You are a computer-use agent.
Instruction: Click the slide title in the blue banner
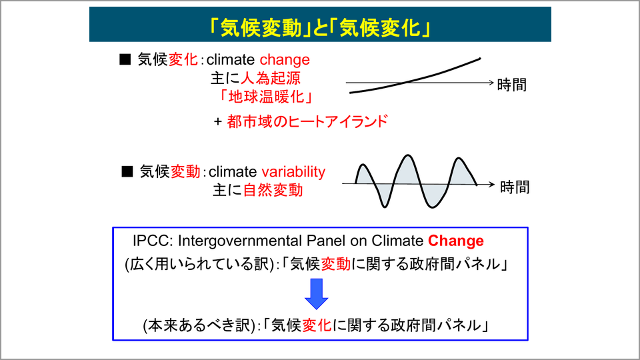(320, 28)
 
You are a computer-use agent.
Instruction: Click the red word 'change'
(285, 60)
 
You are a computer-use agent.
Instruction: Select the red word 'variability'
(293, 171)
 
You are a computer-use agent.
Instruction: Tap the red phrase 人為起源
(271, 78)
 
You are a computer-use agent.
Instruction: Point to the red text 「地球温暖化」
(266, 97)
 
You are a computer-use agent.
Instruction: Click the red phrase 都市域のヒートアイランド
(307, 121)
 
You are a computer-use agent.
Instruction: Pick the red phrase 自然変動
(273, 190)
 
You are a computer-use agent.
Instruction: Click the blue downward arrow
(316, 293)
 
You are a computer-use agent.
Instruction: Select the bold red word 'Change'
(455, 241)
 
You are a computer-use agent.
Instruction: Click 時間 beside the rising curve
(512, 85)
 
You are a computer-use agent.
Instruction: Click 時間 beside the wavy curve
(515, 187)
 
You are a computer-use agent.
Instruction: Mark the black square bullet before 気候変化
(125, 59)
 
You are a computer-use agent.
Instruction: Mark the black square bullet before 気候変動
(127, 171)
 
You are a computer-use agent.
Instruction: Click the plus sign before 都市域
(218, 121)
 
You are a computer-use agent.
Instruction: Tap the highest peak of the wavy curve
(407, 155)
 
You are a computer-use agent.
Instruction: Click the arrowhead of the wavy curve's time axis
(492, 185)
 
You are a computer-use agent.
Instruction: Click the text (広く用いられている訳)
(199, 264)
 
